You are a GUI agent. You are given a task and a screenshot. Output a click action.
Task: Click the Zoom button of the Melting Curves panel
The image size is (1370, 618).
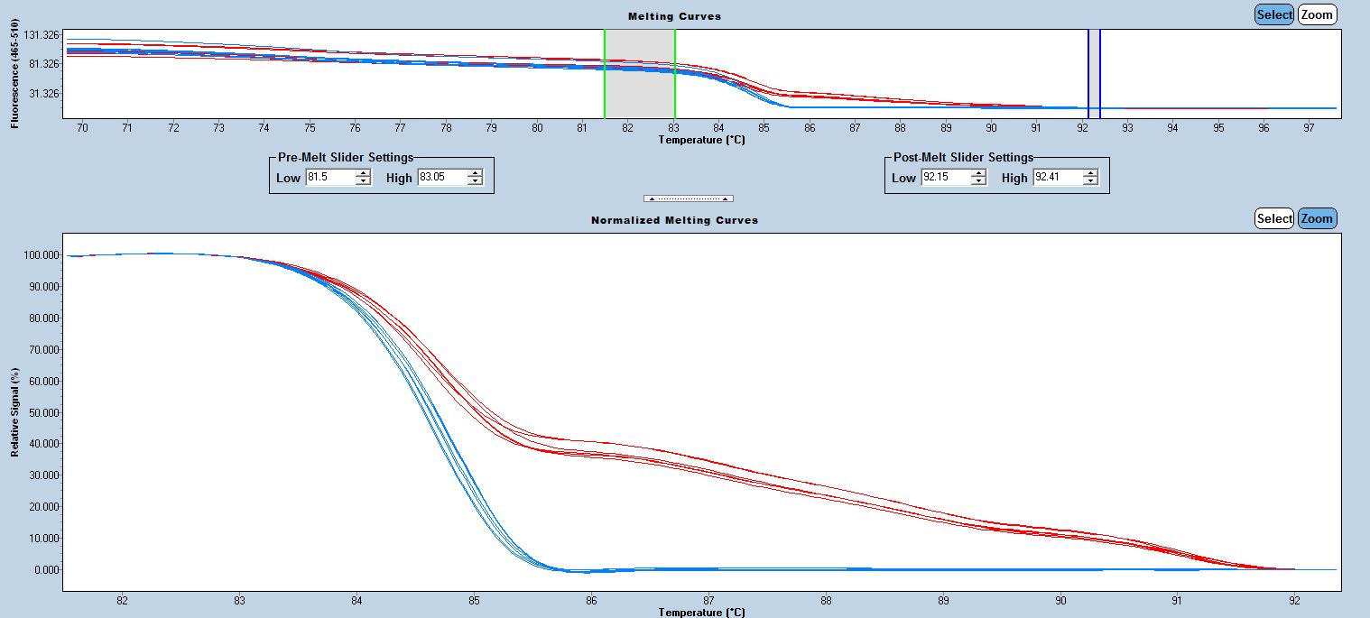pyautogui.click(x=1318, y=14)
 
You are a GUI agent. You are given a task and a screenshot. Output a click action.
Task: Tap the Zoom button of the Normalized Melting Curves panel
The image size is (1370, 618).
pyautogui.click(x=1318, y=218)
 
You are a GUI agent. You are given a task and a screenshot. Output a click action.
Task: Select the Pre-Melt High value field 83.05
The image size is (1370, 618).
pyautogui.click(x=441, y=178)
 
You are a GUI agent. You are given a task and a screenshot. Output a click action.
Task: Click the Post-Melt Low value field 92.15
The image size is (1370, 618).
pyautogui.click(x=945, y=178)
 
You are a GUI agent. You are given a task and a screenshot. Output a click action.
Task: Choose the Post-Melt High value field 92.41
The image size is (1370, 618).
pyautogui.click(x=1057, y=178)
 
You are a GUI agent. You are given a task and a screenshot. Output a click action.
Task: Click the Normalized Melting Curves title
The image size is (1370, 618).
pyautogui.click(x=674, y=220)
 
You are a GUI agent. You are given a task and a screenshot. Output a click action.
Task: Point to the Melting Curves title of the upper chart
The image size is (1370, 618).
pyautogui.click(x=674, y=16)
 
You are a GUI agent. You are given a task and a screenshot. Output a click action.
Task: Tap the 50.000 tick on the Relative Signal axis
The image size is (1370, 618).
pyautogui.click(x=42, y=412)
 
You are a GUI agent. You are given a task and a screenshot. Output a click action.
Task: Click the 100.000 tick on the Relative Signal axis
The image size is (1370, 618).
pyautogui.click(x=41, y=255)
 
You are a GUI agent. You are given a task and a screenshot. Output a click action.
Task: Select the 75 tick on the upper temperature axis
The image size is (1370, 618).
pyautogui.click(x=310, y=128)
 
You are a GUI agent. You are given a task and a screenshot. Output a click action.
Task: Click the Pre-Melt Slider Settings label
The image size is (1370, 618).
pyautogui.click(x=345, y=157)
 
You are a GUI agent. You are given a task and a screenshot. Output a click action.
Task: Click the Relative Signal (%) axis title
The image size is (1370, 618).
pyautogui.click(x=14, y=412)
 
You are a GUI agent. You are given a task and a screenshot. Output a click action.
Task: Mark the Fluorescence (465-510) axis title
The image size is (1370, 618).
pyautogui.click(x=14, y=79)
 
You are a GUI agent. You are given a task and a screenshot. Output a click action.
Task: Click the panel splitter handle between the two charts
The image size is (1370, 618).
pyautogui.click(x=688, y=198)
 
